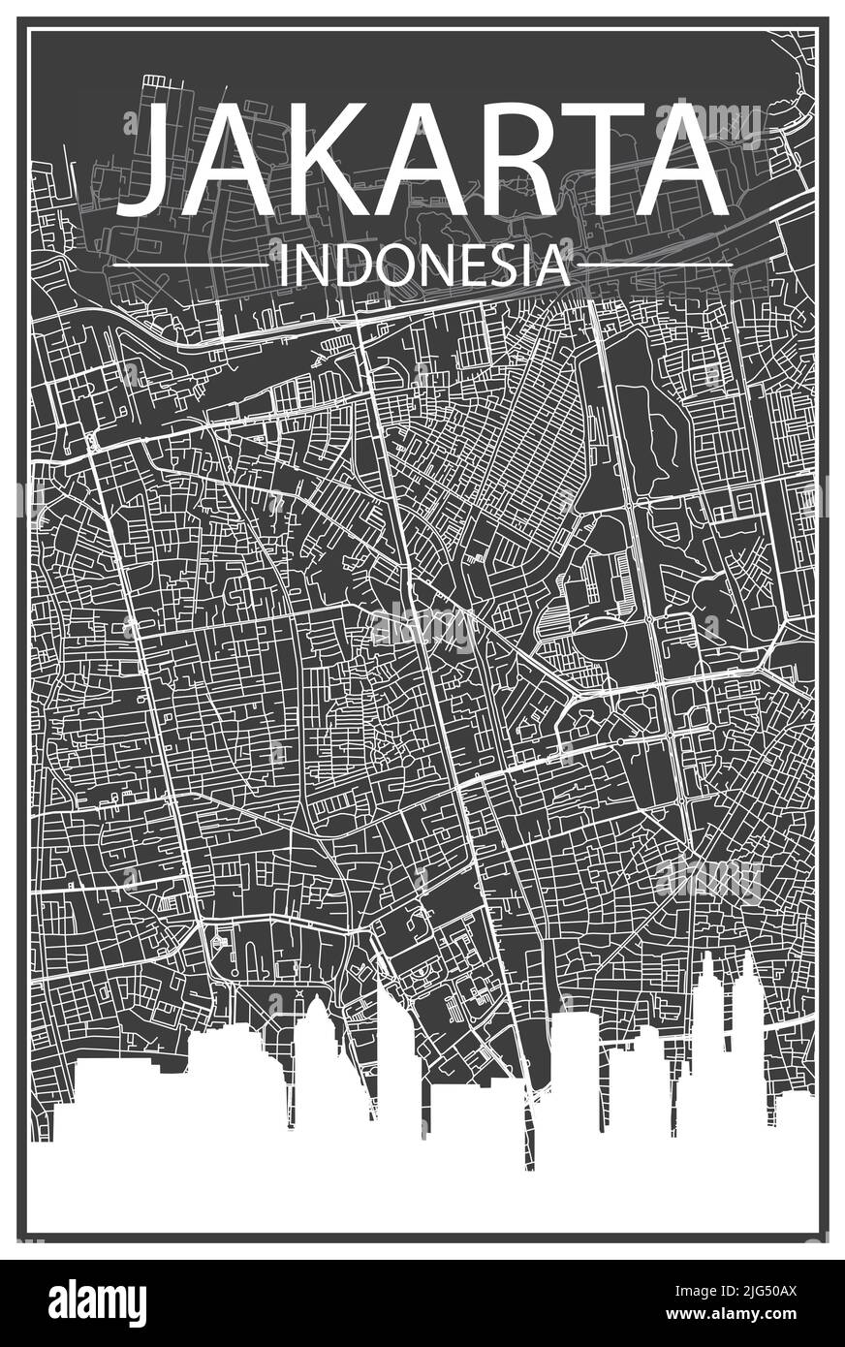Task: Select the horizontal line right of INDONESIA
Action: point(654,264)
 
